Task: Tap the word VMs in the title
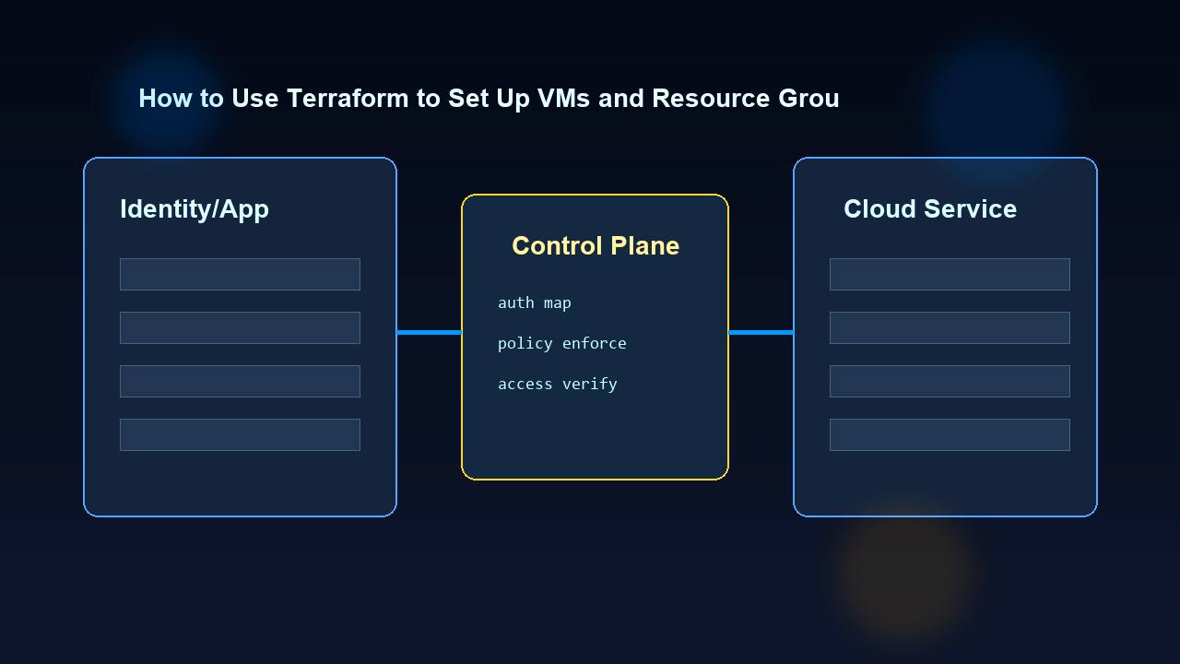coord(562,99)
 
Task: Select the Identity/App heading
coord(195,209)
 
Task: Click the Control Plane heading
coord(596,246)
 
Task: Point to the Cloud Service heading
coord(930,209)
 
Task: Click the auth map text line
coord(535,302)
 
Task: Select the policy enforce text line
coord(562,343)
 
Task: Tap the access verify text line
coord(558,384)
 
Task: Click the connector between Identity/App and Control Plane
coord(429,332)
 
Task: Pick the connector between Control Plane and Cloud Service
coord(761,332)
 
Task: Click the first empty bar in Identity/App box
coord(240,274)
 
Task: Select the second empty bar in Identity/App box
coord(240,327)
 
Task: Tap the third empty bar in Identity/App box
coord(240,381)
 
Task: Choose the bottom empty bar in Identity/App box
coord(240,434)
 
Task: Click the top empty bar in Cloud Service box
coord(950,274)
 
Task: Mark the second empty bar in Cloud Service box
coord(950,327)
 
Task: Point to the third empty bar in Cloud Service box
coord(950,381)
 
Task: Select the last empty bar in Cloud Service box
coord(950,434)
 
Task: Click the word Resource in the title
coord(705,99)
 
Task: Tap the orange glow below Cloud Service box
coord(903,572)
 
